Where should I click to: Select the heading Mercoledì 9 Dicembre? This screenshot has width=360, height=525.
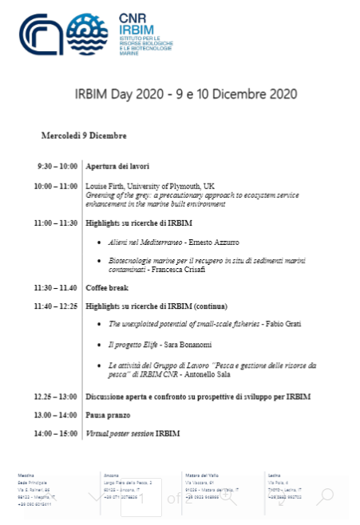pos(84,136)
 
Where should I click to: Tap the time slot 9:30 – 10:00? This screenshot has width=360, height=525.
pos(57,167)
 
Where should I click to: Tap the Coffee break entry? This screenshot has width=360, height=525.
pos(106,287)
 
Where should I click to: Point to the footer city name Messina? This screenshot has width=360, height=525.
pos(27,475)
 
